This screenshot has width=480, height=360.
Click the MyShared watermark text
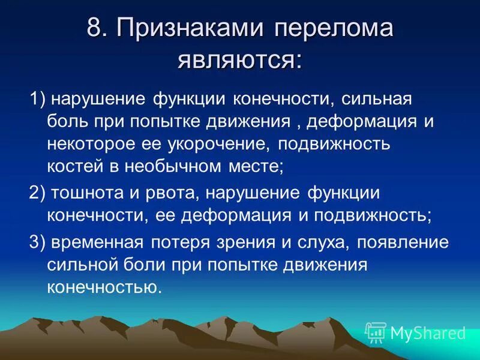click(x=428, y=332)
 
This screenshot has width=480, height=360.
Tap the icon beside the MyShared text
click(x=376, y=332)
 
